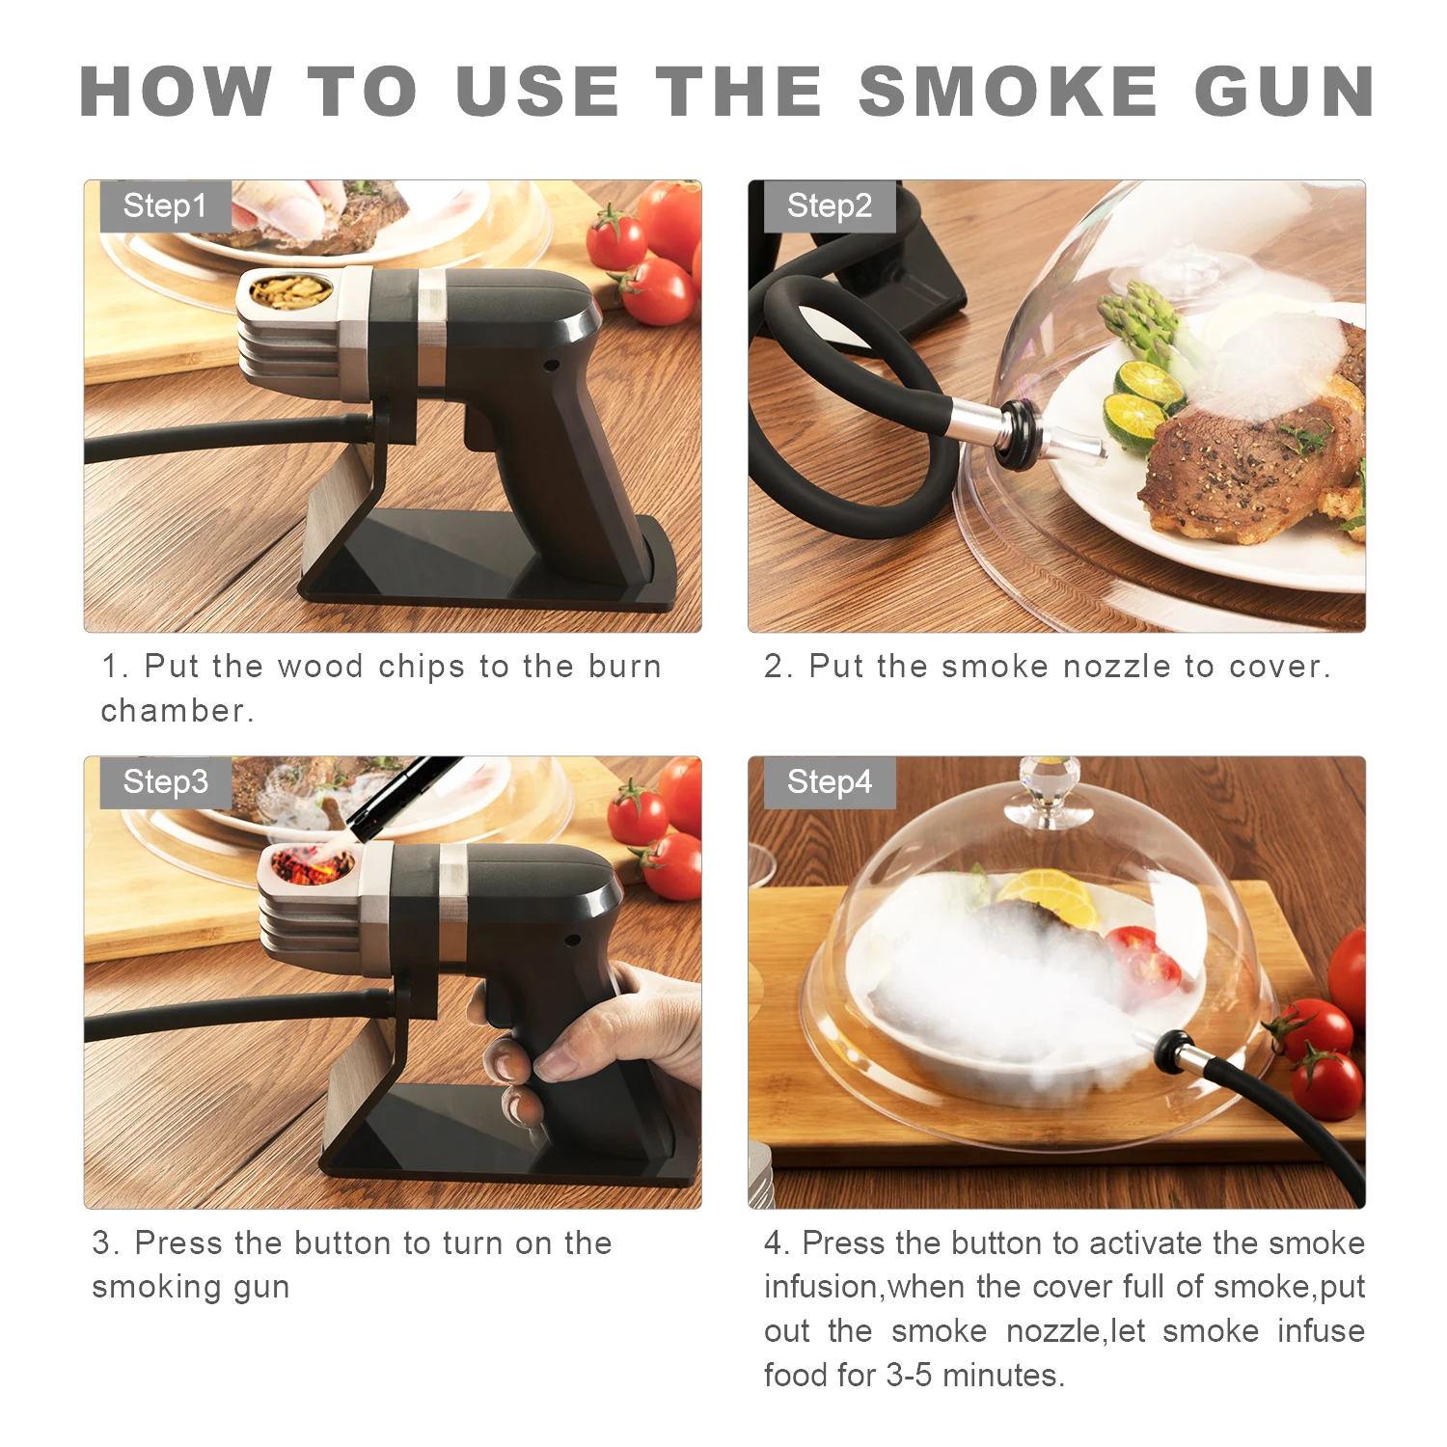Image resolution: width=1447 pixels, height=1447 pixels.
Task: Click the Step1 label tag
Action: tap(165, 205)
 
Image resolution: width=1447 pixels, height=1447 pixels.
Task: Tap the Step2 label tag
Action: tap(830, 205)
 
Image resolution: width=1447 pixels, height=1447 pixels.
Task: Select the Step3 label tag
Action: tap(165, 781)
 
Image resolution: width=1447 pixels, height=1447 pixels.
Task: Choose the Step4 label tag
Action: tap(830, 781)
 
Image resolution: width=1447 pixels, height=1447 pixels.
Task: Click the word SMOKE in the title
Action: tap(1008, 93)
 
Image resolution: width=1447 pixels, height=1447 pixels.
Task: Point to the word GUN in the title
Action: tap(1284, 93)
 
